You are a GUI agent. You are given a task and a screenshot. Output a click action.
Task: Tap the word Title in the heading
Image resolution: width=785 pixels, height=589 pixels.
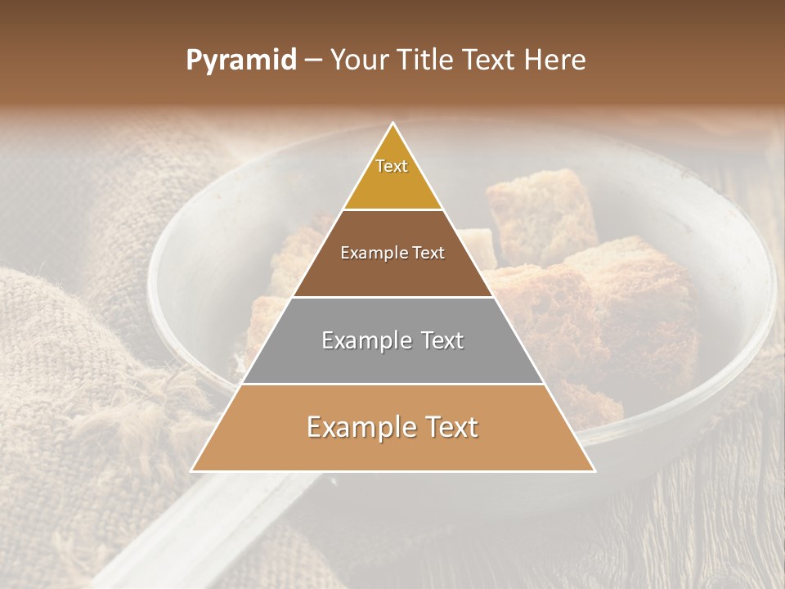coord(426,61)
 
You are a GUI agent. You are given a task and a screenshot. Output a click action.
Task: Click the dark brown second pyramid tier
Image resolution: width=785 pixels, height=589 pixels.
coord(392,270)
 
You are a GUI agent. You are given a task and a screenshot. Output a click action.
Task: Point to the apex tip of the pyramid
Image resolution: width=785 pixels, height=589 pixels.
coord(392,124)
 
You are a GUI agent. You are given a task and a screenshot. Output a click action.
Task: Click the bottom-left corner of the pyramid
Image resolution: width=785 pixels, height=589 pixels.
coord(193,470)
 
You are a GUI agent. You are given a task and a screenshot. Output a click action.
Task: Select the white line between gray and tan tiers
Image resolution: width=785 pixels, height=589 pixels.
coord(392,384)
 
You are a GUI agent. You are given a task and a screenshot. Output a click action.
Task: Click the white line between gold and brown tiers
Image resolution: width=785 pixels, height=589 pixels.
coord(392,209)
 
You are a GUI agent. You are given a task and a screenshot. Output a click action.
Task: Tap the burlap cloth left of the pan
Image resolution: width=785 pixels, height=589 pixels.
coord(65,344)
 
